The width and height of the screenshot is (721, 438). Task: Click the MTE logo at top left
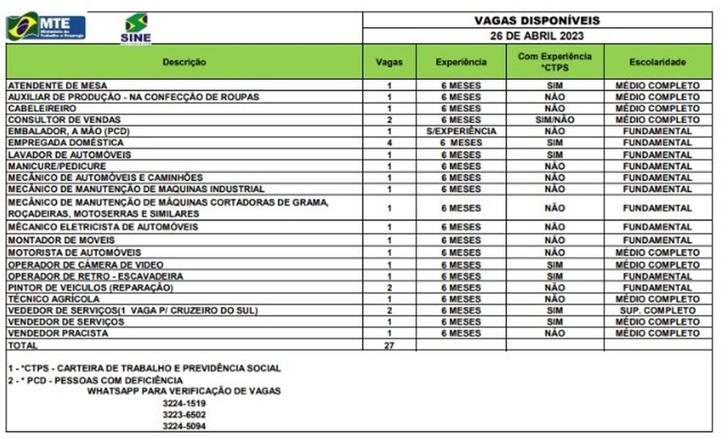[46, 26]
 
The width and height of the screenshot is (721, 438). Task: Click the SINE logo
[136, 28]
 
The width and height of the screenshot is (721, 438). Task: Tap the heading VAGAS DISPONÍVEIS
[537, 21]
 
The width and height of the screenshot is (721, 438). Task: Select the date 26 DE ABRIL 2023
[537, 35]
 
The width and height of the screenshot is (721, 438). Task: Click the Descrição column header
[184, 62]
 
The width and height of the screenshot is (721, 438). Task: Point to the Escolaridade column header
[657, 62]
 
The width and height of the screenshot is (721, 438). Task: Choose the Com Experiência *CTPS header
[555, 62]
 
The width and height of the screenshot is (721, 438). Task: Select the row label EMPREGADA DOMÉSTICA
[56, 143]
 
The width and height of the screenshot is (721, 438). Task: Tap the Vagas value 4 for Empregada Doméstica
[389, 143]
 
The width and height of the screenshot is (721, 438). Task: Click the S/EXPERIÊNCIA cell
[461, 131]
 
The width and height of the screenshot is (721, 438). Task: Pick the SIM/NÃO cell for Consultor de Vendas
[555, 119]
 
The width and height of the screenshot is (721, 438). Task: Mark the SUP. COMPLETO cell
[657, 311]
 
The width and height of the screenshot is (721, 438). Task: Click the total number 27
[389, 345]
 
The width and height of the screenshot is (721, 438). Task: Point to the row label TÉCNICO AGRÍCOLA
[48, 300]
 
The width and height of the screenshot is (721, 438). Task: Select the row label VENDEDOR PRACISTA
[57, 333]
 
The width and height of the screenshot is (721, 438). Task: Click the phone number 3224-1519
[184, 403]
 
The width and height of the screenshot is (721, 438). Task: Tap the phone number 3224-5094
[184, 426]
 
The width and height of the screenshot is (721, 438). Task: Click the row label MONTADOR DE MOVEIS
[53, 240]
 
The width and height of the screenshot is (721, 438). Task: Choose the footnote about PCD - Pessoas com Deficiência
[95, 380]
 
